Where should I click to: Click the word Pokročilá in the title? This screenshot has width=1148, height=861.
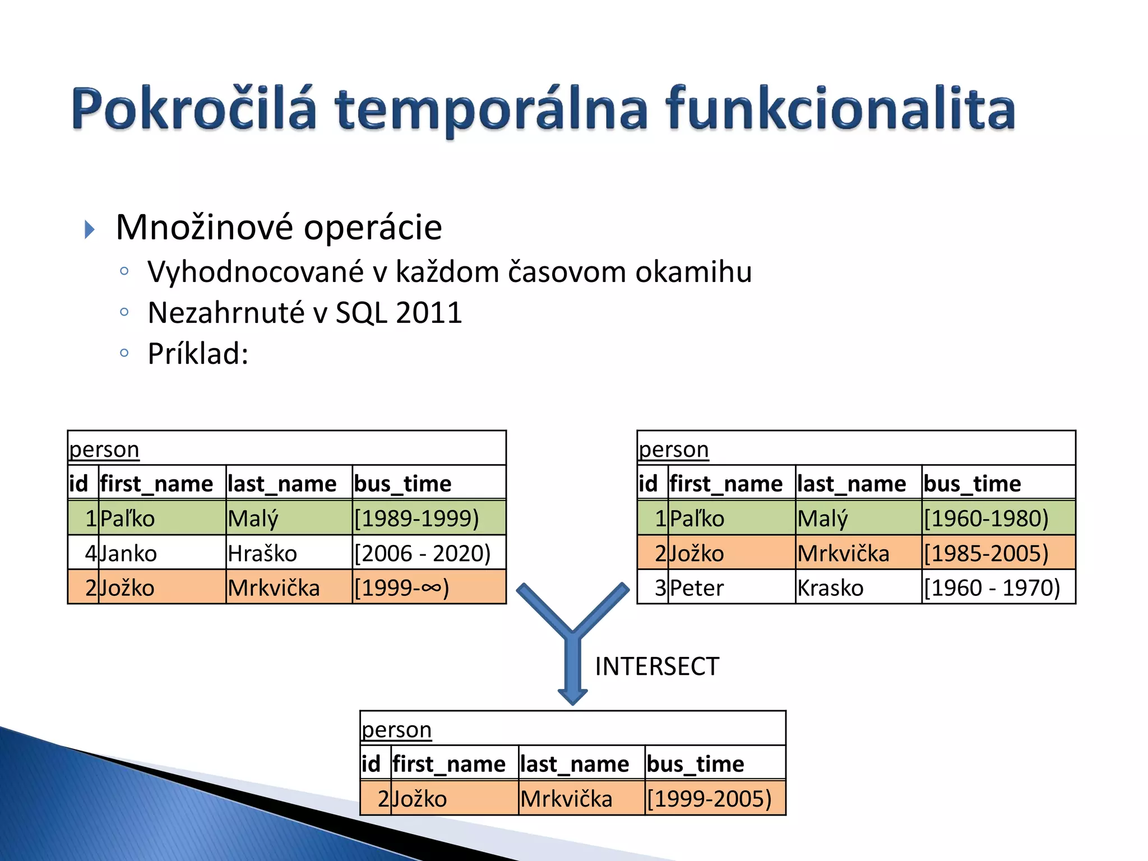pos(193,109)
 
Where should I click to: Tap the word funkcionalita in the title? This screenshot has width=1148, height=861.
pos(840,109)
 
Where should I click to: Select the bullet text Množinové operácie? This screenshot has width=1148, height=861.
pos(279,228)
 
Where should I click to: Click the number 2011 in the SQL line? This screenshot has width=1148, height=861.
pos(428,313)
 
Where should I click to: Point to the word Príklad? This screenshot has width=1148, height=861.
pos(198,354)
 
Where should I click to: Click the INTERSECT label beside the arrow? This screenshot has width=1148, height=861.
pos(656,666)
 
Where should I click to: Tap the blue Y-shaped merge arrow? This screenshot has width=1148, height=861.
pos(572,645)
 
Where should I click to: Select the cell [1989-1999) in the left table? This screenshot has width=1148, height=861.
pos(416,519)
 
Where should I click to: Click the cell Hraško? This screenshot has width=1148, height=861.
pos(262,554)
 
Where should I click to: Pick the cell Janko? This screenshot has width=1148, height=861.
pos(128,554)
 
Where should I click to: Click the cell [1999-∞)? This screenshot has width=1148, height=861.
pos(401,588)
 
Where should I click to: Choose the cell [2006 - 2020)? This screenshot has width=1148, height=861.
pos(422,554)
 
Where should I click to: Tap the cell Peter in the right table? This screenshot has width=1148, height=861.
pos(697,588)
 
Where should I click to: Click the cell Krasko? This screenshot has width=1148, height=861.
pos(830,588)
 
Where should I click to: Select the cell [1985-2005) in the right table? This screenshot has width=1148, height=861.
pos(986,554)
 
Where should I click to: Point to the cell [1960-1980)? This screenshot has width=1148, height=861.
pos(986,519)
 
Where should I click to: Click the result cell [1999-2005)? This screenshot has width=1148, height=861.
pos(709,799)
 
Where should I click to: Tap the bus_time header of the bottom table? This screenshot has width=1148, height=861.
pos(695,764)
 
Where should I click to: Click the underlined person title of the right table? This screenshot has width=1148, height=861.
pos(674,450)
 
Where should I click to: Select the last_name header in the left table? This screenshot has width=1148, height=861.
pos(282,484)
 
